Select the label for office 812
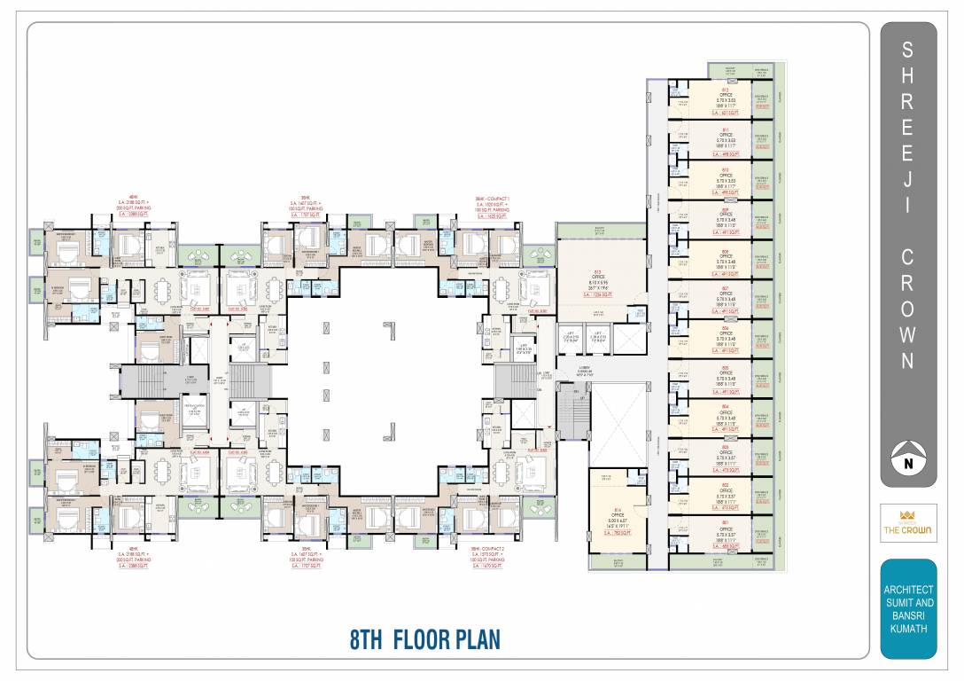pos(726,90)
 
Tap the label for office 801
pos(726,522)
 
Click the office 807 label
pos(726,289)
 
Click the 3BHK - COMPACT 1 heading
pos(494,197)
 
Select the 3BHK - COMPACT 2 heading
pos(494,548)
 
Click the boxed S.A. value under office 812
pos(726,113)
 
